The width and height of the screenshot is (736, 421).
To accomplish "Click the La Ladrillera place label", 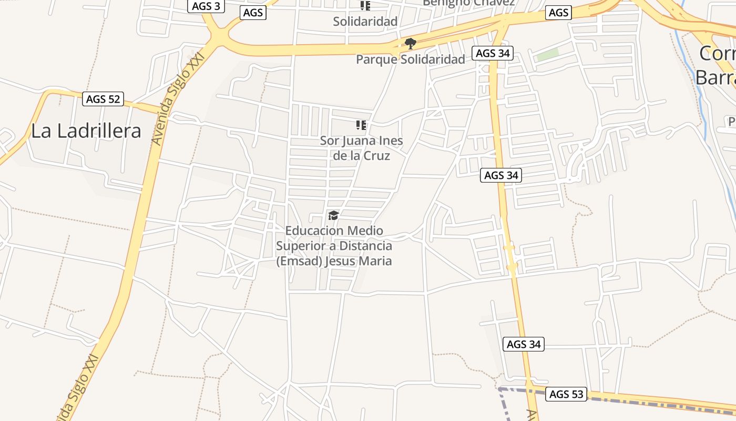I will click(86, 131).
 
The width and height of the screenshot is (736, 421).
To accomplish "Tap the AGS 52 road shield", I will click(103, 99).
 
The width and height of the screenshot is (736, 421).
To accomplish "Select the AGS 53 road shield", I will click(566, 394).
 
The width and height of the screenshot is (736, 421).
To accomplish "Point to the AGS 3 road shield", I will click(206, 6).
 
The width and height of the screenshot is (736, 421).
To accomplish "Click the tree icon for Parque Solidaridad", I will click(411, 44).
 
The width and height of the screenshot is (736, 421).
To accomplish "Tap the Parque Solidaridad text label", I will click(411, 59).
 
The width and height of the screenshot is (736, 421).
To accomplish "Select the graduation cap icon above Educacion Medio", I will click(333, 215).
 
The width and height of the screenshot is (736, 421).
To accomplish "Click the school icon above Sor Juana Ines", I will click(361, 125).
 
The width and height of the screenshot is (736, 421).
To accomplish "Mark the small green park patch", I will click(547, 54).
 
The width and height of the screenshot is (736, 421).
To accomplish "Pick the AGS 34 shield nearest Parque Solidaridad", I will click(492, 53).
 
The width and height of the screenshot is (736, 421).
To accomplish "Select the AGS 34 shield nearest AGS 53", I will click(523, 344).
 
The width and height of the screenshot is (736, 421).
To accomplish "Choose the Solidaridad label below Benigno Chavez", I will click(365, 22).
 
